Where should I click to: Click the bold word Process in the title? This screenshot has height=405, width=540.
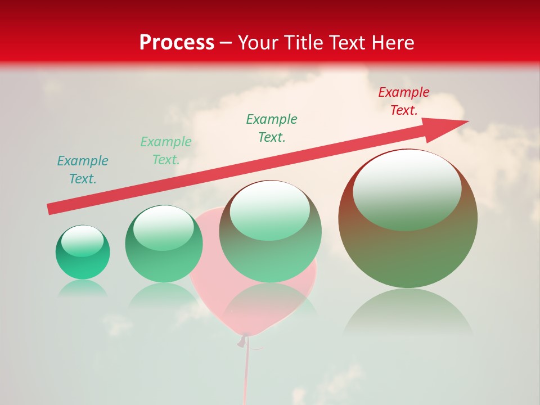click(x=177, y=43)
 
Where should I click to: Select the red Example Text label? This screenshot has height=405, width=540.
click(x=403, y=101)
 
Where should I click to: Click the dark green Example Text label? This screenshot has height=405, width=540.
click(x=272, y=128)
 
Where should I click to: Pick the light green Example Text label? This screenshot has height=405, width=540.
click(x=166, y=150)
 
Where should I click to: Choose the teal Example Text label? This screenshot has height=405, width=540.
click(x=83, y=169)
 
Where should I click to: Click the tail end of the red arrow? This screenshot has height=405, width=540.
click(x=51, y=209)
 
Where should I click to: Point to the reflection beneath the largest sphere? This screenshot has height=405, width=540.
click(x=408, y=313)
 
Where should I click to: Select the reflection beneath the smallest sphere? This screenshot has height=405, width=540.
click(x=83, y=288)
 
